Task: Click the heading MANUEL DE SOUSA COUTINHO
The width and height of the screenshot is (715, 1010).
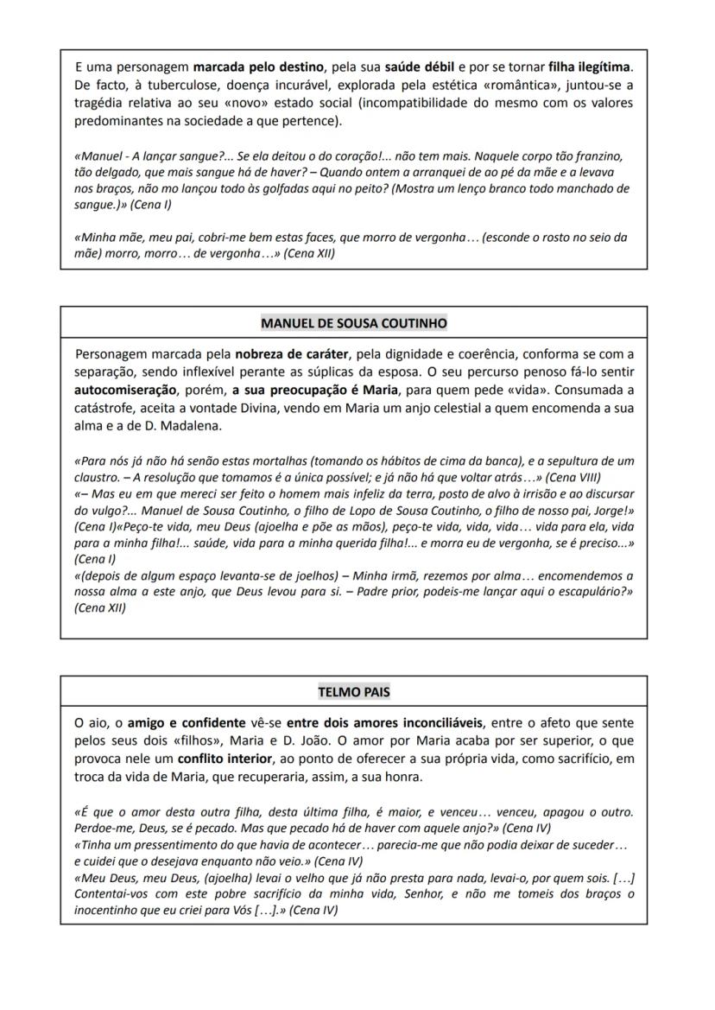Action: coord(353,323)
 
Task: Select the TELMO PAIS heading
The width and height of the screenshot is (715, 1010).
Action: coord(353,692)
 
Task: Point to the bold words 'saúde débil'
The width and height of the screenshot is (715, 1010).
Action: coord(420,67)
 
